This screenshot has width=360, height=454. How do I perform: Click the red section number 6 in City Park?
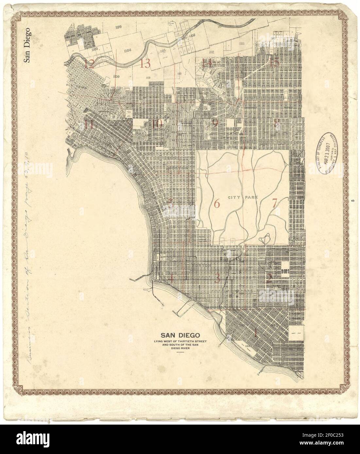point(216,204)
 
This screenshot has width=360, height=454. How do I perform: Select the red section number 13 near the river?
point(145,63)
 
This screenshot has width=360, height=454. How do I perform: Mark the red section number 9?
point(215,123)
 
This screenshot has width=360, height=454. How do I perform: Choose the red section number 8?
point(277,123)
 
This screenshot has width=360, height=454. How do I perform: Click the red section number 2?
point(269,278)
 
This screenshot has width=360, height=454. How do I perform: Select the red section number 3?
point(217,279)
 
